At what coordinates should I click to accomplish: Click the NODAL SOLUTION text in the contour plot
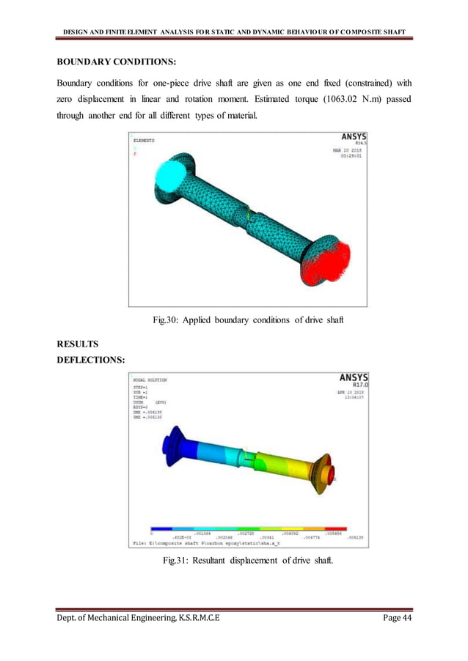coord(150,380)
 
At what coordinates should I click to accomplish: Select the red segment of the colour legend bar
coord(337,528)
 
